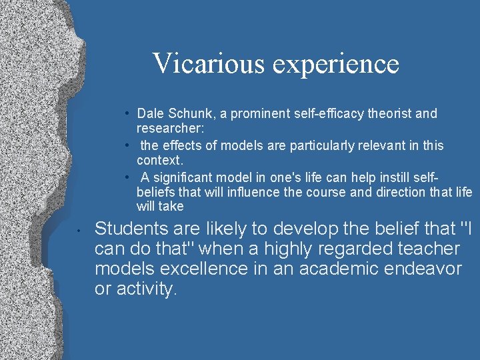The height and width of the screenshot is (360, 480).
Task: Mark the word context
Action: click(x=159, y=160)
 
